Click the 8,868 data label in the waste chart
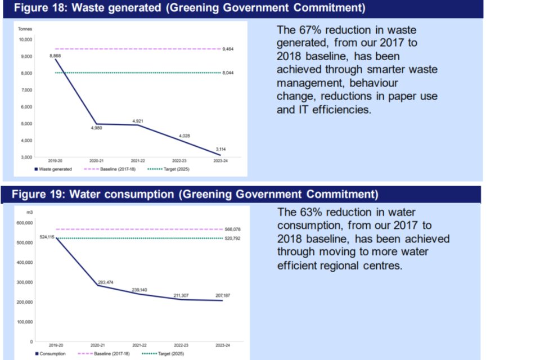[x=55, y=56]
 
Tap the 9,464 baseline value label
[x=228, y=49]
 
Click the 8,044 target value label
[x=228, y=73]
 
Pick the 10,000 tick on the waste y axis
[x=25, y=39]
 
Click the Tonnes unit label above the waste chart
[x=25, y=28]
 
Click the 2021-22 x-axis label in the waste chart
[x=139, y=161]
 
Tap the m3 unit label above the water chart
[x=29, y=212]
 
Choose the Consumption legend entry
[x=52, y=354]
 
